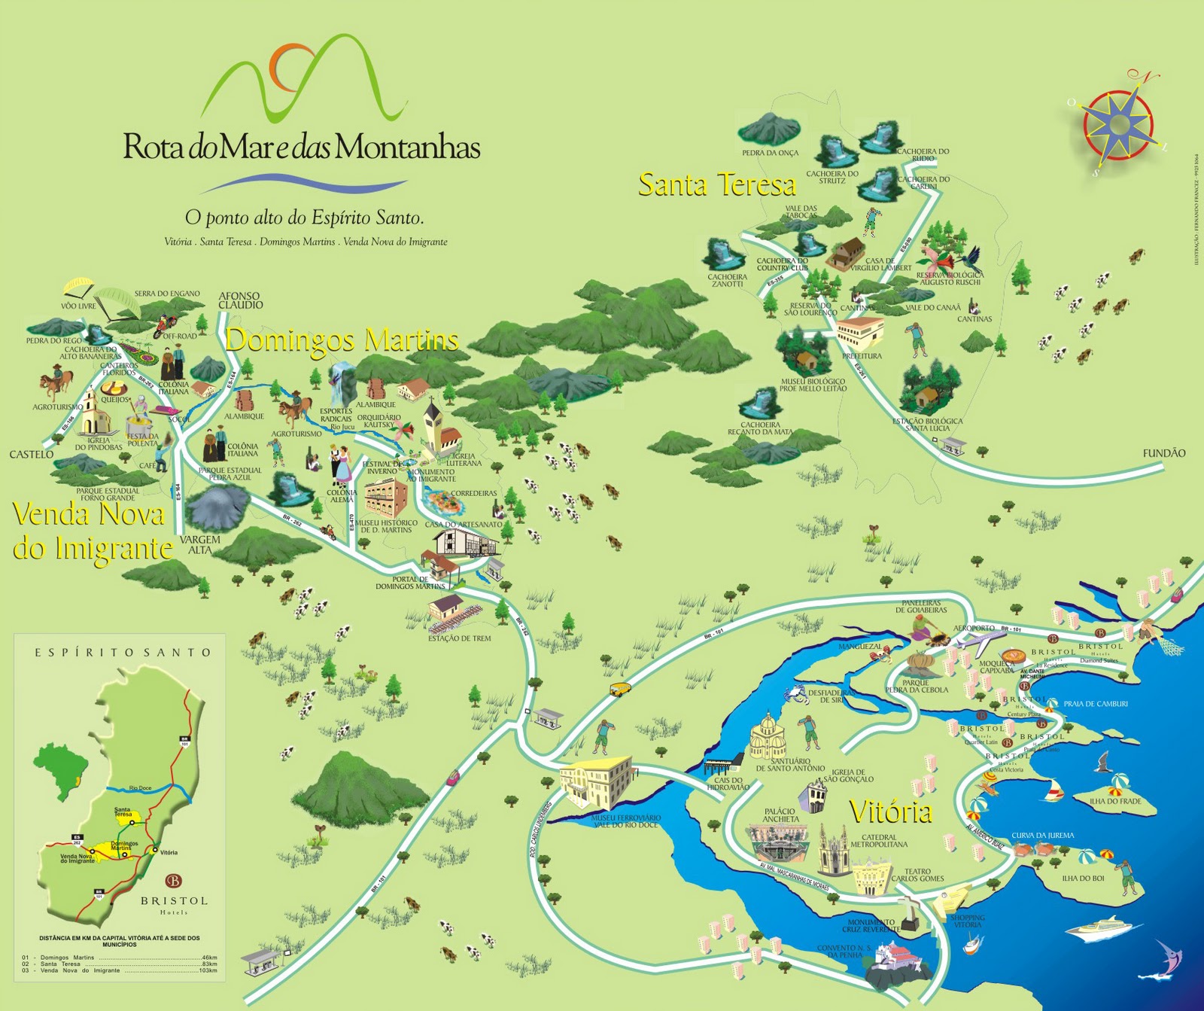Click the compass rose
(x=1120, y=123)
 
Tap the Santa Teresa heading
(x=716, y=184)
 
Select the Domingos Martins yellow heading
(x=342, y=340)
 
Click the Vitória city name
(x=891, y=812)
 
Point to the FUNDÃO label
(x=1163, y=453)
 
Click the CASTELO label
(x=31, y=454)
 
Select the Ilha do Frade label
(x=1115, y=801)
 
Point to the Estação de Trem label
(x=459, y=638)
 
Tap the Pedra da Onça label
(x=770, y=153)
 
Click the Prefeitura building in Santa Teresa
(x=860, y=332)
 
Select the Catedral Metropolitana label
(x=879, y=841)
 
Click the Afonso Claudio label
(x=241, y=300)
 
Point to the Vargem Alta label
(x=200, y=544)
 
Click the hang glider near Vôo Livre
(x=78, y=286)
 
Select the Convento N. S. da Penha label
(x=844, y=952)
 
